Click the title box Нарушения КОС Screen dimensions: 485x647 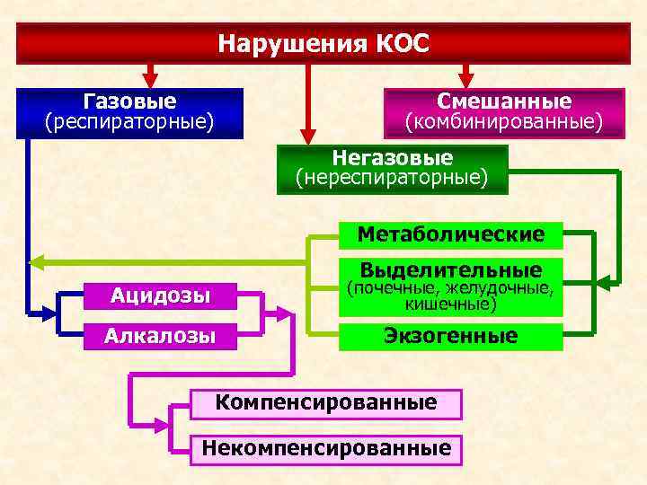323,42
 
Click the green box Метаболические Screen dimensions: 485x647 449,235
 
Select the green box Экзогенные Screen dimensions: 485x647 449,336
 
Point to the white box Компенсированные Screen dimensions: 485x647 325,402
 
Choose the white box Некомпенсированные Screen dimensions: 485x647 325,447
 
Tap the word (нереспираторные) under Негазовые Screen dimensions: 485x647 392,178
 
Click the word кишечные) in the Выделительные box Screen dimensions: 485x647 449,305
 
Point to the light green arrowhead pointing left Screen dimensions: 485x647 36,262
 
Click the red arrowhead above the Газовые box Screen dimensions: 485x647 151,77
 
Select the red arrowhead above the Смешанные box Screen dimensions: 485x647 465,77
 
